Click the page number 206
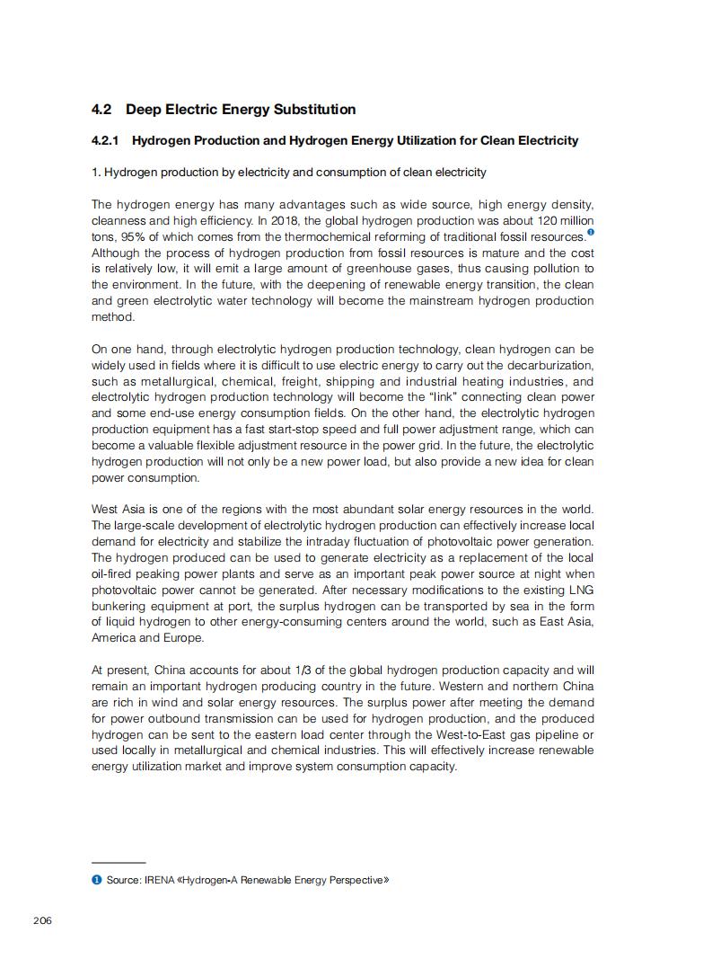point(42,919)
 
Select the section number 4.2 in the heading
point(101,110)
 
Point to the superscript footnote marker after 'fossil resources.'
point(590,233)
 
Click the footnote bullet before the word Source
point(96,880)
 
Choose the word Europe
point(184,638)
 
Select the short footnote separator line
point(119,863)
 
